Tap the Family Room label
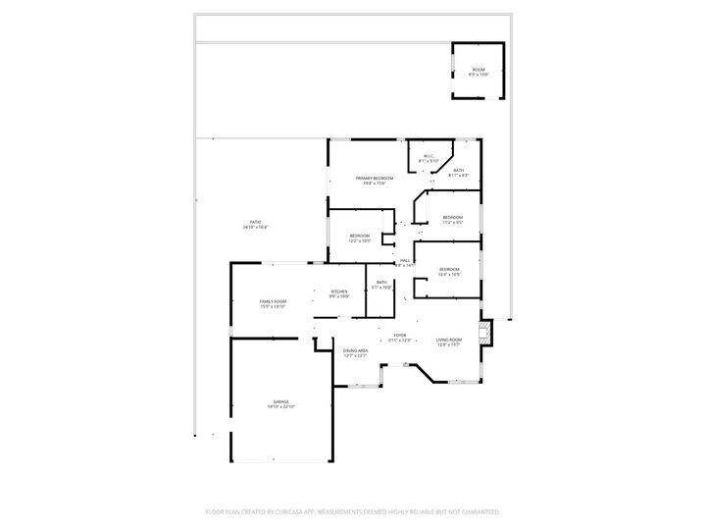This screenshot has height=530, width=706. [x=273, y=301]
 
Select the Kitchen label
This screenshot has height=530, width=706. [x=339, y=291]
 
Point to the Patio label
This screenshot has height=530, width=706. [x=255, y=222]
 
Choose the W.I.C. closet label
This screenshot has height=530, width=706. [x=429, y=156]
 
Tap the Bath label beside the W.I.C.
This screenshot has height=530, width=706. [x=459, y=170]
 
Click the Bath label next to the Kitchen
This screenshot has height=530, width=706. [x=380, y=283]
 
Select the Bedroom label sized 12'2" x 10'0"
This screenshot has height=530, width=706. [x=360, y=236]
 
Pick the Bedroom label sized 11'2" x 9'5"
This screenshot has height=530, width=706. [x=452, y=217]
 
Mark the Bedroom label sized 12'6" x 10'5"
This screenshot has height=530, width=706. [x=449, y=269]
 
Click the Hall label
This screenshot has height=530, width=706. [x=404, y=260]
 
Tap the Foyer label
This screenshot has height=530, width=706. [x=400, y=336]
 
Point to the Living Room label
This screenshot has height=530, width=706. [x=449, y=340]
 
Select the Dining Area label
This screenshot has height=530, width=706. [x=355, y=350]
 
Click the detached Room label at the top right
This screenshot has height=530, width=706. [x=479, y=69]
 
